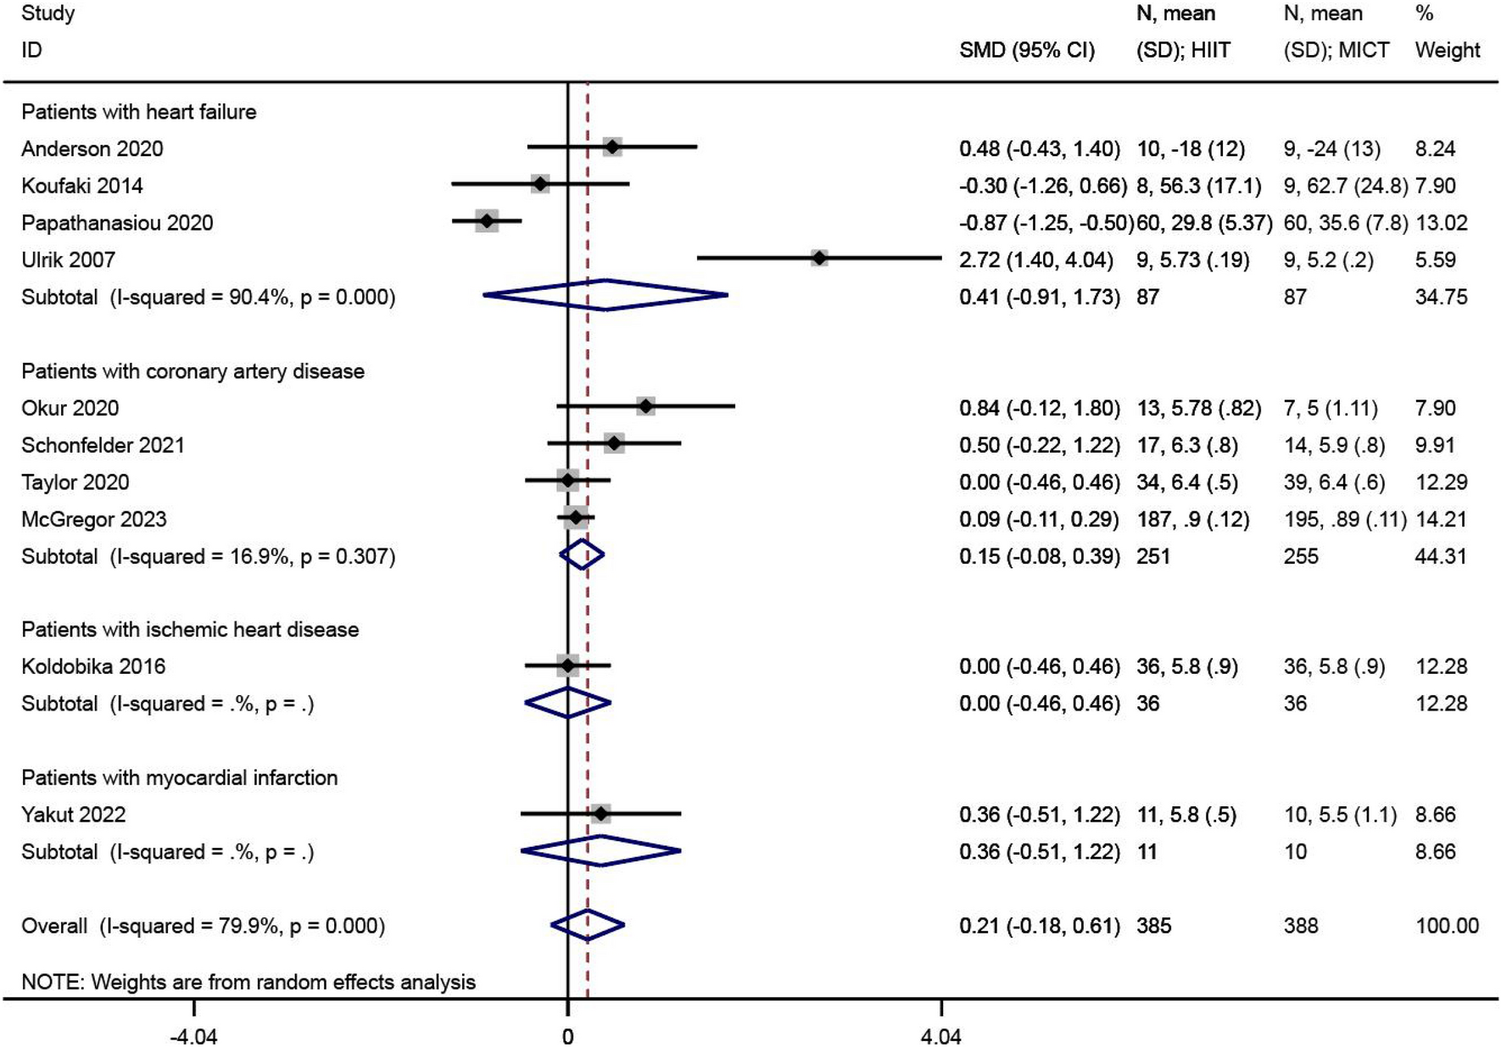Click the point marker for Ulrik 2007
818,258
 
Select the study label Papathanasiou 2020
117,223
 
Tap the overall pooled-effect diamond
588,925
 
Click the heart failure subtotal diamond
605,295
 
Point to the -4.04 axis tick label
194,1036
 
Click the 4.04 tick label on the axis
941,1036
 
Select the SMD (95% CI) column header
1026,51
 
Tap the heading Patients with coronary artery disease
193,371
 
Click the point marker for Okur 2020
645,406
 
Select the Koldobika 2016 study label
93,666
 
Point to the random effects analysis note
248,982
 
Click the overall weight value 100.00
1447,926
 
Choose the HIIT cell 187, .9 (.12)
1192,519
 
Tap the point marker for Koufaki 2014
540,183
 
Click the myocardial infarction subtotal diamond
600,850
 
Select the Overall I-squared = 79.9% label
203,926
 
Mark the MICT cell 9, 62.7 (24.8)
1345,186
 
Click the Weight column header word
1447,51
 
